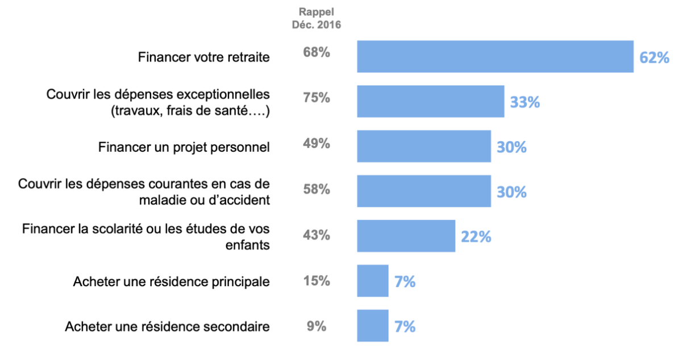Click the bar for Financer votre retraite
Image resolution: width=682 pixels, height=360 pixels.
pos(495,56)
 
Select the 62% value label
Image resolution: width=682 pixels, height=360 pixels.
pos(654,57)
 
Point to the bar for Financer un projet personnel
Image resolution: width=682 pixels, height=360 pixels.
pos(423,146)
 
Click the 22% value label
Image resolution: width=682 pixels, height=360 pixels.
pos(476,237)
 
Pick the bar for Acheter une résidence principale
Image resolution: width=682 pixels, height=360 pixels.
pos(372,281)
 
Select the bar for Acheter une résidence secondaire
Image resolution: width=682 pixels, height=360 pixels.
pos(372,326)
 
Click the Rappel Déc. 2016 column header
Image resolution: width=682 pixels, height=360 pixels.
pos(316,18)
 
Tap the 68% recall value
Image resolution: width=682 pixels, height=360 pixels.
pos(316,53)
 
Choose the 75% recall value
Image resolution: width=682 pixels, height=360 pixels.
pos(316,98)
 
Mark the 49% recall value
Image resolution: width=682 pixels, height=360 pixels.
pos(316,143)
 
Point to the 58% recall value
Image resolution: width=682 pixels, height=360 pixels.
pos(316,189)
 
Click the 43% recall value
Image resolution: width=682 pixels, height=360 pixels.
pos(316,234)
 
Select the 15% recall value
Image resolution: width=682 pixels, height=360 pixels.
pos(316,281)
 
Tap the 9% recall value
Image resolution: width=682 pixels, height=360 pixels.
pos(316,326)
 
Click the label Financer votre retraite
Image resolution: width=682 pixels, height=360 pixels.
pos(204,57)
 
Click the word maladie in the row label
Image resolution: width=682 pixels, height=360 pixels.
pos(159,200)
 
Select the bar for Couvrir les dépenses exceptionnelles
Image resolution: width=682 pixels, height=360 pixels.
pos(430,101)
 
